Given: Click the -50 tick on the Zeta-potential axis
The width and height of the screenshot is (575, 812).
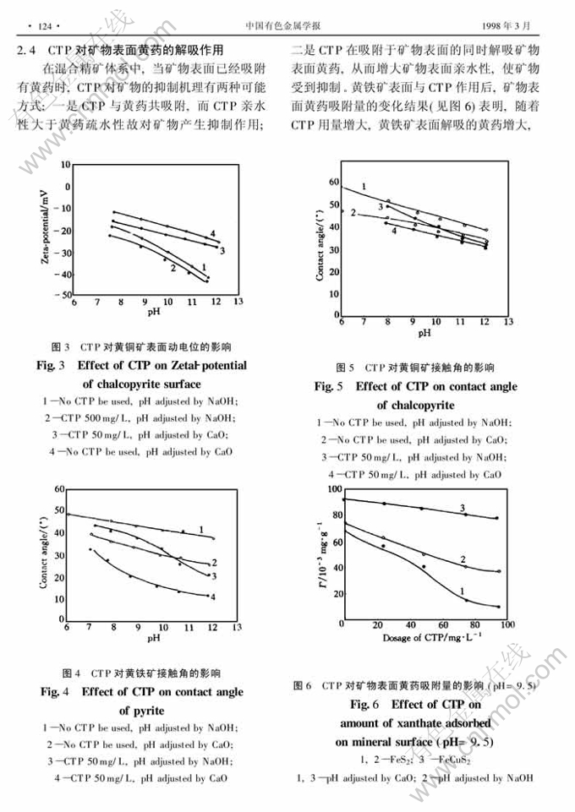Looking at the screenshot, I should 63,294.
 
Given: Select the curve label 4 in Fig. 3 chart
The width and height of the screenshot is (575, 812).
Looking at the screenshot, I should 213,233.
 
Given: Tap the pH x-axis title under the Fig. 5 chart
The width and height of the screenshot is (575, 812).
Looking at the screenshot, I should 424,332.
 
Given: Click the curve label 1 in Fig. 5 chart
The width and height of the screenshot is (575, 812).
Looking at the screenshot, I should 364,186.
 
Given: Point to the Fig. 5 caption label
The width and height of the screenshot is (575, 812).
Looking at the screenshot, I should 329,387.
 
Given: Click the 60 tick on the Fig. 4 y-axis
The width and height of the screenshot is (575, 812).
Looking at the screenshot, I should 59,490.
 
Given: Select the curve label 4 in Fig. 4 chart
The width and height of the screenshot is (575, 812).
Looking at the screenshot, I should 212,597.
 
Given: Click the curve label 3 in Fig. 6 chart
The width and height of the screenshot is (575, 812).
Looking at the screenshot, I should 463,508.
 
